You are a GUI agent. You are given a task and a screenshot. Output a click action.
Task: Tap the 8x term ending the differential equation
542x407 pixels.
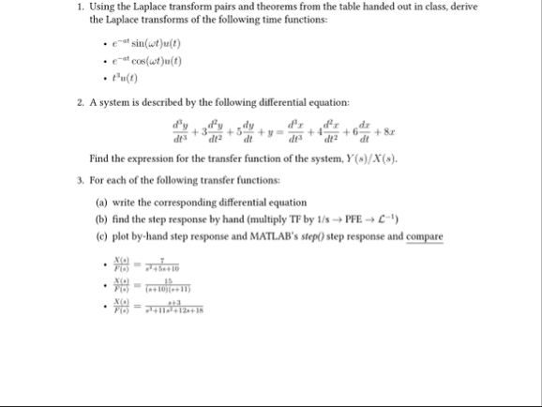[x=410, y=128]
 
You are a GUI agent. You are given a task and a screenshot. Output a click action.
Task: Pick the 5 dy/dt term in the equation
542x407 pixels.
[x=245, y=128]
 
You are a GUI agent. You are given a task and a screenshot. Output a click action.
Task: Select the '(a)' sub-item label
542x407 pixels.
[x=102, y=202]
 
